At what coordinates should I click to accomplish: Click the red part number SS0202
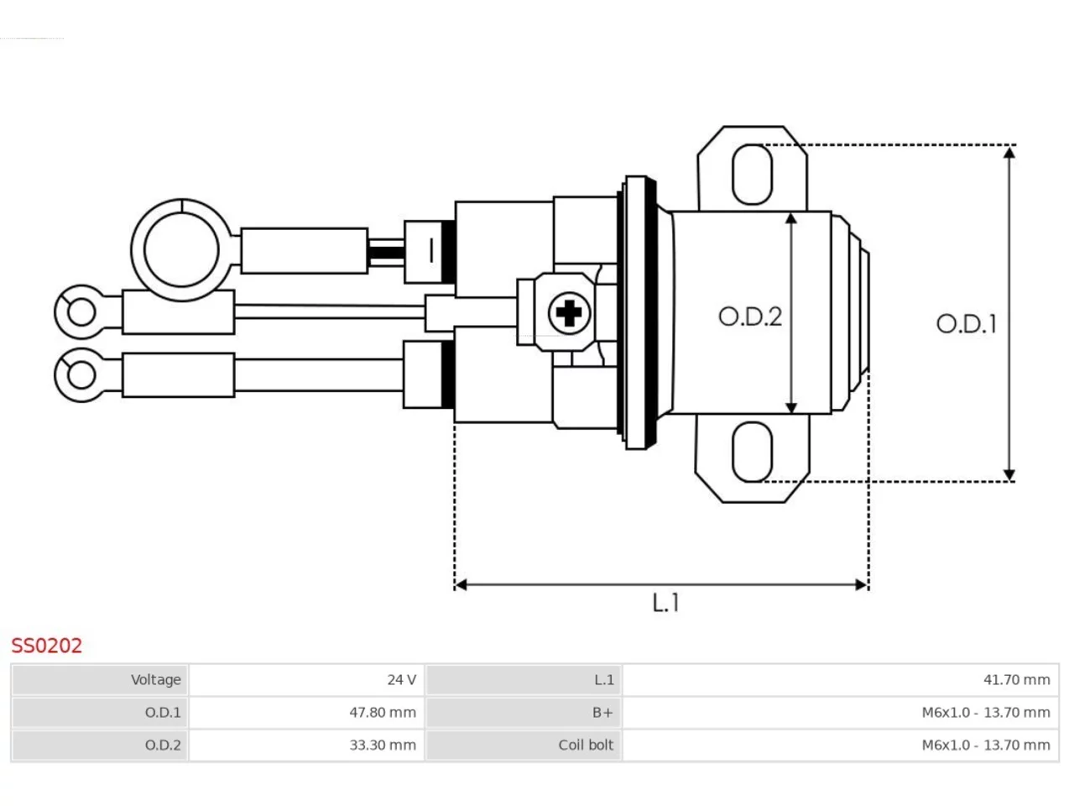click(46, 646)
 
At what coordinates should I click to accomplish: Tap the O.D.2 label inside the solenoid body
click(750, 317)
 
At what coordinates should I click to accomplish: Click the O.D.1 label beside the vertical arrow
click(967, 324)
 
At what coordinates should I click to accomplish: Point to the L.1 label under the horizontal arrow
click(665, 603)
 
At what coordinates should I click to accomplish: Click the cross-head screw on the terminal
click(569, 312)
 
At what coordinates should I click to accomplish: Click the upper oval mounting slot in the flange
click(753, 175)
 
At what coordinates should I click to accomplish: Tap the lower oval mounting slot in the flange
click(753, 452)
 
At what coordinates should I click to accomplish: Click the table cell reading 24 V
click(306, 680)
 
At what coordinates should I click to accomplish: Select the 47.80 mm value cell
click(306, 712)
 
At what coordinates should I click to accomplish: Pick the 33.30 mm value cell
click(306, 745)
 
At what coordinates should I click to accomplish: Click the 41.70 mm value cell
click(841, 680)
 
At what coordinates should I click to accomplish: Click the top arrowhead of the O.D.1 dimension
click(1009, 152)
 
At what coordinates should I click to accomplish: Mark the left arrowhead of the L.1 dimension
click(461, 584)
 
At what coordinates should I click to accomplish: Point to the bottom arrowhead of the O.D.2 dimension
click(791, 408)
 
